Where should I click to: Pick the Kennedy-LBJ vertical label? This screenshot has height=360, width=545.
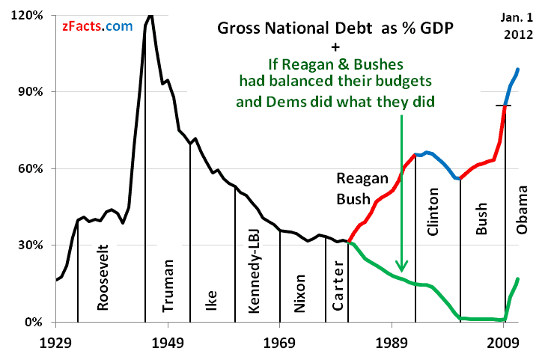252,270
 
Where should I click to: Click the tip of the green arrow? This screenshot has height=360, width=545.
402,270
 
